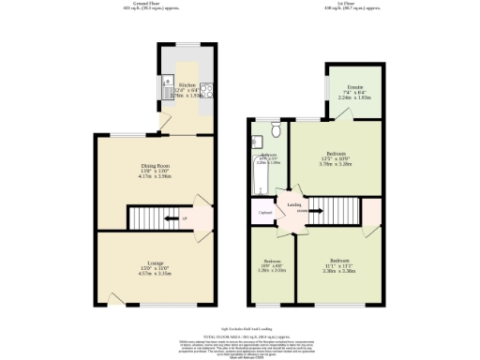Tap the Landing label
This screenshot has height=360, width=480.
(293, 203)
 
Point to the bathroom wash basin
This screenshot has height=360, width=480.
(254, 142)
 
